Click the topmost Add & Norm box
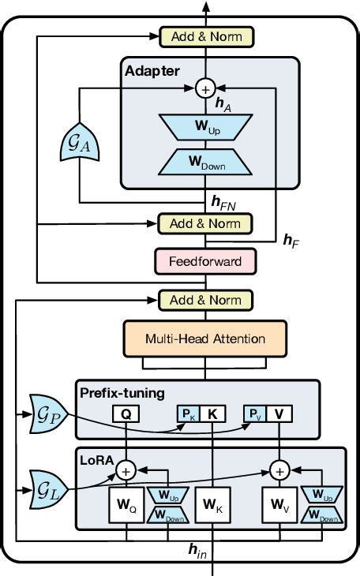coord(207,36)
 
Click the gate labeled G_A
coord(77,145)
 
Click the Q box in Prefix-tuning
coord(126,413)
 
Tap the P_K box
coord(186,413)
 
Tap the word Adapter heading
coord(152,72)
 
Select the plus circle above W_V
coord(279,470)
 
